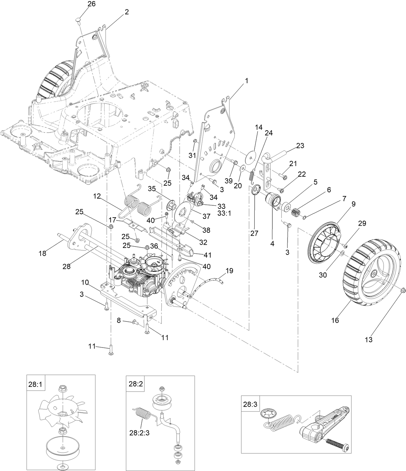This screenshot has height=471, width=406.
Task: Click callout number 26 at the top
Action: tap(83, 4)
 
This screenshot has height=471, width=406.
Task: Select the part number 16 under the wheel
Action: tap(335, 320)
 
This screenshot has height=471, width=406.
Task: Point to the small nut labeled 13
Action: tap(403, 291)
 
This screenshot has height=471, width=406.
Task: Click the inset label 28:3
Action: tap(250, 404)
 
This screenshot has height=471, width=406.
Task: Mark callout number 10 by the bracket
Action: tap(85, 283)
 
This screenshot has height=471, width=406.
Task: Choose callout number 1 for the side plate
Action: tap(247, 81)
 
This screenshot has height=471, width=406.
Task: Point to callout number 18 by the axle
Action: tap(42, 253)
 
